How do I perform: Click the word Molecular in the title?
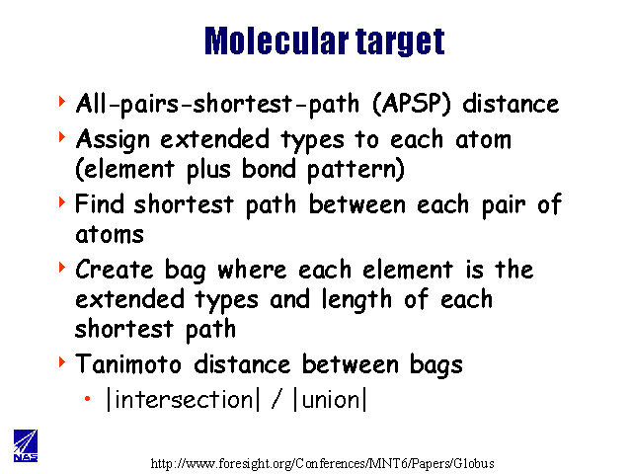pyautogui.click(x=276, y=40)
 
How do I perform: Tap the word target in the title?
pyautogui.click(x=400, y=41)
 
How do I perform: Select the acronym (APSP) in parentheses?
pyautogui.click(x=411, y=104)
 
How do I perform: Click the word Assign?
pyautogui.click(x=113, y=141)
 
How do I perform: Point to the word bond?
pyautogui.click(x=269, y=168)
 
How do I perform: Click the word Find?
pyautogui.click(x=99, y=203)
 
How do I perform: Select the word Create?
pyautogui.click(x=115, y=269)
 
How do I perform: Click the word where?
pyautogui.click(x=252, y=269)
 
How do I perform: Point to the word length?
pyautogui.click(x=356, y=300)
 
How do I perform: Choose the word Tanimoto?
pyautogui.click(x=128, y=363)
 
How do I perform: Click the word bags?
pyautogui.click(x=436, y=366)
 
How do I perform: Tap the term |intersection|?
pyautogui.click(x=183, y=399)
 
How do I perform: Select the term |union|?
pyautogui.click(x=330, y=399)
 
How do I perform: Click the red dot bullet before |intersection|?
pyautogui.click(x=88, y=399)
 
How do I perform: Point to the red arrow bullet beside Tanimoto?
pyautogui.click(x=62, y=361)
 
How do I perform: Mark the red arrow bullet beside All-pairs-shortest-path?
pyautogui.click(x=62, y=101)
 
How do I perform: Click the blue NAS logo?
pyautogui.click(x=26, y=445)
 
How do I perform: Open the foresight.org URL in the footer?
pyautogui.click(x=323, y=463)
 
